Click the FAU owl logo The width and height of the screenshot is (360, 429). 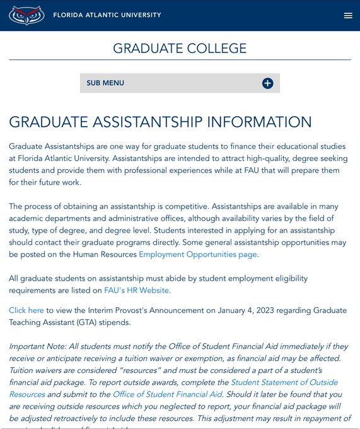26,15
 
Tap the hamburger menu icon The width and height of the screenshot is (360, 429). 348,16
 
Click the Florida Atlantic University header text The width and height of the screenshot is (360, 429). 107,15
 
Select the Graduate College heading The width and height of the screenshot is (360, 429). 180,49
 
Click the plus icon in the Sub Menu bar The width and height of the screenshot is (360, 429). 267,83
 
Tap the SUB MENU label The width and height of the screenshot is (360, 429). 105,83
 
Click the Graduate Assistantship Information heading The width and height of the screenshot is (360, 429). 160,122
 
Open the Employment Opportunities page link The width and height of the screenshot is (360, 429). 198,254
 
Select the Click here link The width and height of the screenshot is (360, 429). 26,310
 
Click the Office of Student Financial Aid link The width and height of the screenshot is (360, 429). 167,394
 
